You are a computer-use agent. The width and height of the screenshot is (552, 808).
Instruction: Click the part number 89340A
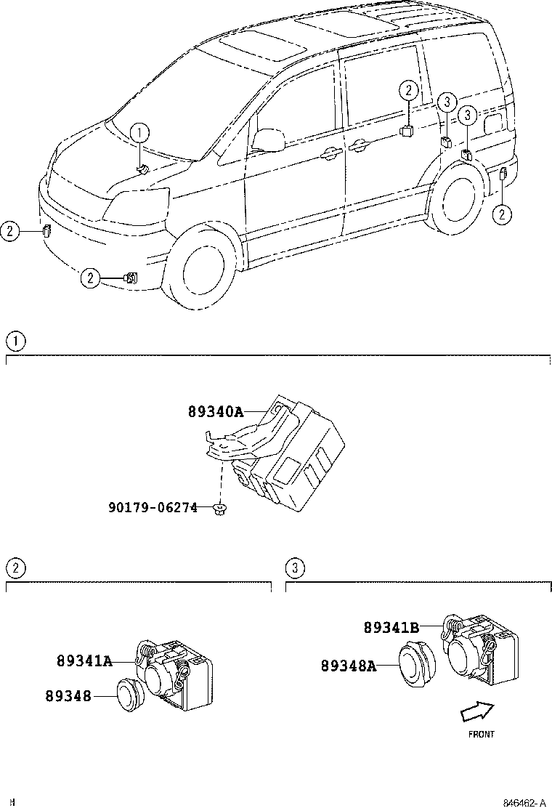point(216,411)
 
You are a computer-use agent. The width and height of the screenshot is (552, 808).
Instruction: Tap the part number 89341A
point(84,661)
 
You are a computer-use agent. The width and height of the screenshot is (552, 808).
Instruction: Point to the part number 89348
point(68,696)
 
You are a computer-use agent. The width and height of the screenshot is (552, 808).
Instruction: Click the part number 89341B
point(391,628)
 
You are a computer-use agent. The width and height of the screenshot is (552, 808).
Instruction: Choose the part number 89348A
point(348,665)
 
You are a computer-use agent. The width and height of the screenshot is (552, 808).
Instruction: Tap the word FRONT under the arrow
point(481,735)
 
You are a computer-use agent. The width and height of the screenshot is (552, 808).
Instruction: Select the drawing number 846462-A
point(524,802)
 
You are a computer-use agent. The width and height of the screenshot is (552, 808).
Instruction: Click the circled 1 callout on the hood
point(139,132)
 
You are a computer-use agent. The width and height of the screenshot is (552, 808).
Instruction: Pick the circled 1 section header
point(15,340)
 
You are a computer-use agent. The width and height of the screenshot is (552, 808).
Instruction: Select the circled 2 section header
point(15,567)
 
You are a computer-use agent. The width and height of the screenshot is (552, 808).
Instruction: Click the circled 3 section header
point(294,567)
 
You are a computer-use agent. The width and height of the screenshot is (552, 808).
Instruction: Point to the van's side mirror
point(268,140)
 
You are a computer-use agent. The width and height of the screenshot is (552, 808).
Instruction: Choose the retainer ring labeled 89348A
point(416,663)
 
